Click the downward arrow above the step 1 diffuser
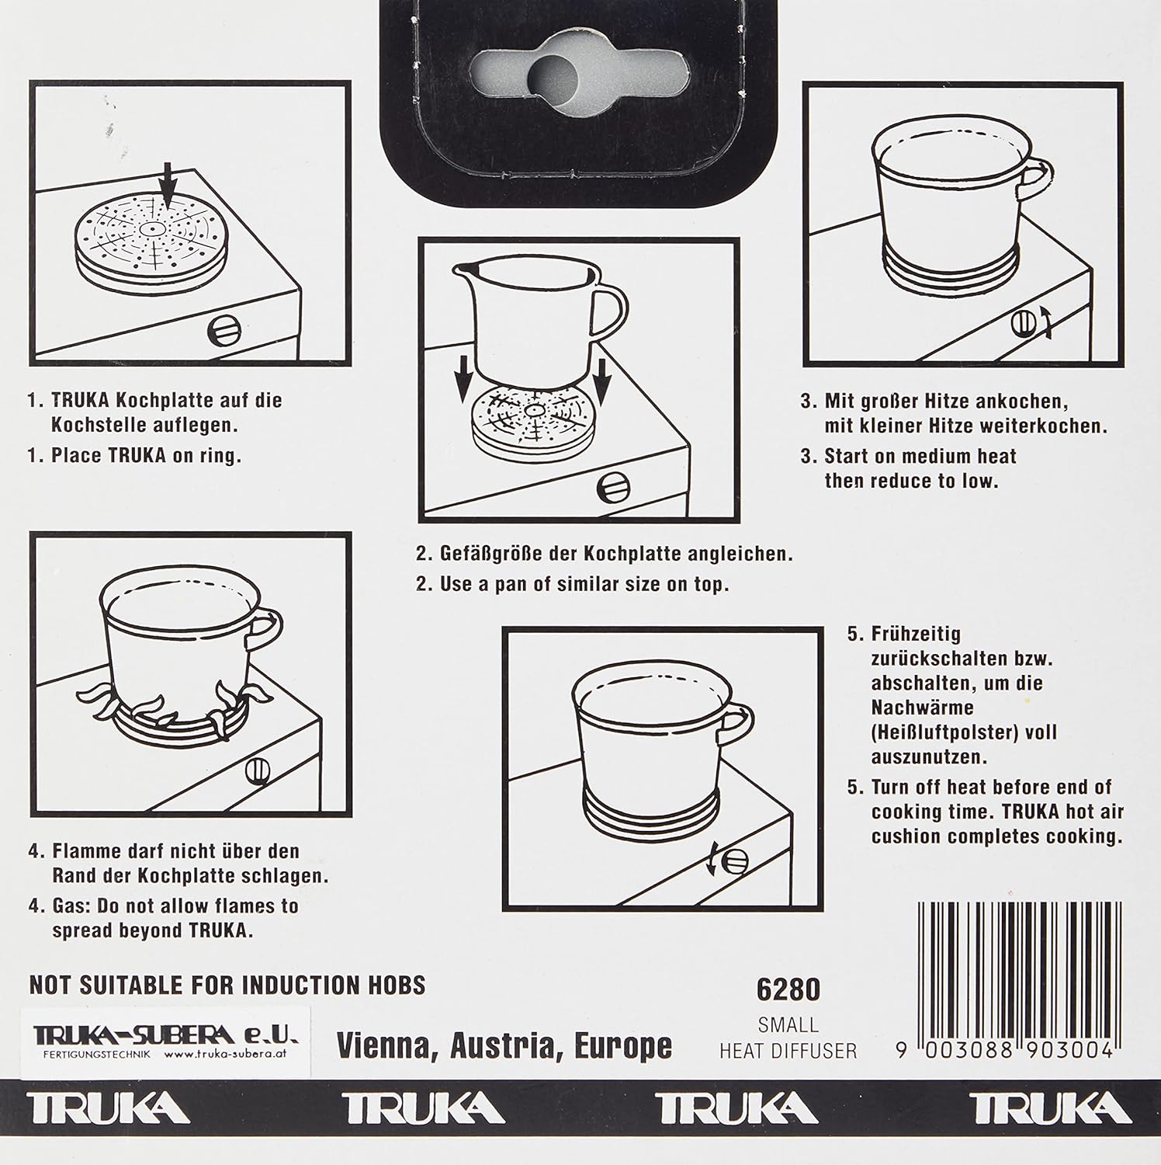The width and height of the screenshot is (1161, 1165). (170, 181)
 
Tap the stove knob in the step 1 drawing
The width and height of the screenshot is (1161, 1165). (225, 332)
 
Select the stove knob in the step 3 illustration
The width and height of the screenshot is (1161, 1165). (1024, 322)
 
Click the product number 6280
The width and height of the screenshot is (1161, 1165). (788, 989)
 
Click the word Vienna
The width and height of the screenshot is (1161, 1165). (383, 1045)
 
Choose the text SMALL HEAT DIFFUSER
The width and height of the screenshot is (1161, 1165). (788, 1038)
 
